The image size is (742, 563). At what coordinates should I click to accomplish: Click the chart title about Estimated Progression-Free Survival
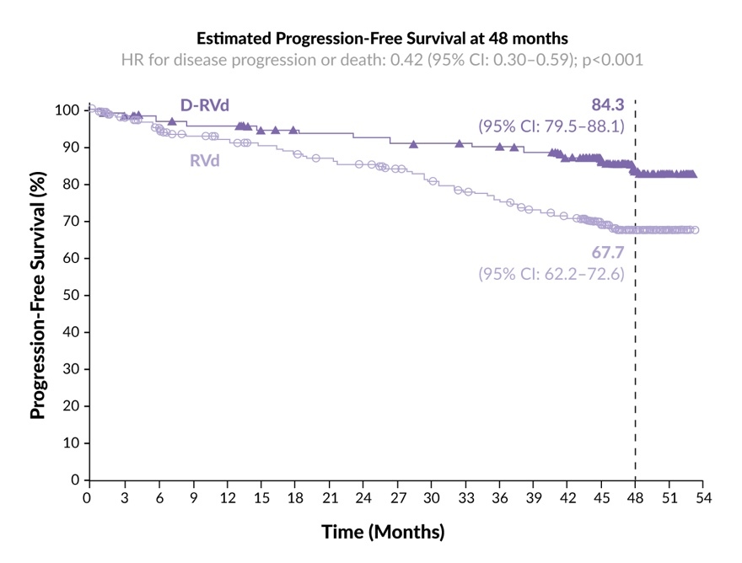tap(382, 39)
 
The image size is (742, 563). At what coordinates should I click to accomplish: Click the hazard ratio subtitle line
tap(382, 60)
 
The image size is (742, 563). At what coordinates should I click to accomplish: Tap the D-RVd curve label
tap(205, 105)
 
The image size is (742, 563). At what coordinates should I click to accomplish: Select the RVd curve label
tap(204, 160)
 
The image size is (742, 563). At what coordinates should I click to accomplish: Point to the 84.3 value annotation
tap(607, 105)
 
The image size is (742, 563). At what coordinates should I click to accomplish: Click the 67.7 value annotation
tap(607, 253)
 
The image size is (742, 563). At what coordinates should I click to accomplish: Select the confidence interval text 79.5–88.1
tap(551, 126)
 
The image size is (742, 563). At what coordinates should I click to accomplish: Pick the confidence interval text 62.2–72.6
tap(551, 274)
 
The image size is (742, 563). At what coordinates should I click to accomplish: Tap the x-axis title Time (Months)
tap(382, 533)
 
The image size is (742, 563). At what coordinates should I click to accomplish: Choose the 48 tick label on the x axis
tap(634, 498)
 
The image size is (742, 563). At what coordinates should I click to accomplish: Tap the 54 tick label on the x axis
tap(702, 498)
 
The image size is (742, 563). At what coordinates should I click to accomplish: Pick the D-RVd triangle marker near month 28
tap(413, 144)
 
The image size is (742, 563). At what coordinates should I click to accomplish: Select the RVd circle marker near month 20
tap(316, 158)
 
